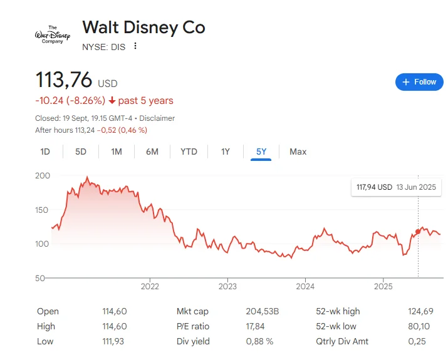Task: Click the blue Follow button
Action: point(419,82)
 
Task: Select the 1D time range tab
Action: point(45,152)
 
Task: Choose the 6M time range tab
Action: point(152,152)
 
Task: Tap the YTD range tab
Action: point(189,152)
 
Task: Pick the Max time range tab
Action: point(298,152)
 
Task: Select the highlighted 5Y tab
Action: point(261,152)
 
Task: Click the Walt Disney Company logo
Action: point(53,35)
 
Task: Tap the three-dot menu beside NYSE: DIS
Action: point(135,46)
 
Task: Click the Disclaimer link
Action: point(157,118)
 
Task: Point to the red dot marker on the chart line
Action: point(418,232)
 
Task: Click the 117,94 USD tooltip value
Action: point(374,187)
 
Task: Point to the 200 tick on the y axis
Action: point(43,176)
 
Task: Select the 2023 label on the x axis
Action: point(227,287)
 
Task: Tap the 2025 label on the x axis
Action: point(383,287)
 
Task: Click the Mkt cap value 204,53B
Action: point(262,311)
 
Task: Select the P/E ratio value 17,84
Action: point(256,326)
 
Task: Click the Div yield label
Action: point(193,341)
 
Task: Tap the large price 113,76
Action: point(64,80)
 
